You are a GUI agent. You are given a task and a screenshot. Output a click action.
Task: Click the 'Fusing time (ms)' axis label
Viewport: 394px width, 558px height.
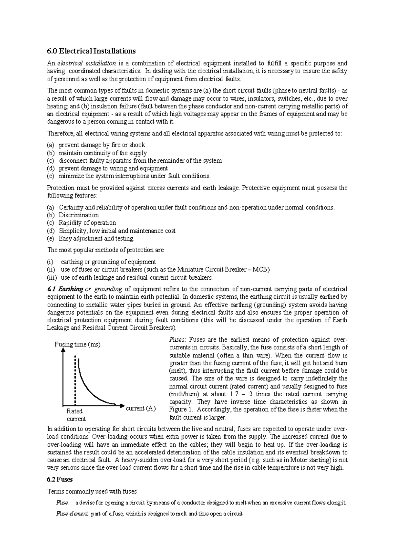click(x=77, y=344)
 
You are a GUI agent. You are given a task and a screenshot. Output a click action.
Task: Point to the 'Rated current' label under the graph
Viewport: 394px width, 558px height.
click(x=75, y=415)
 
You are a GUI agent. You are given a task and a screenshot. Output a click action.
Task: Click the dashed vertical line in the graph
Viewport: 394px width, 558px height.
click(x=76, y=381)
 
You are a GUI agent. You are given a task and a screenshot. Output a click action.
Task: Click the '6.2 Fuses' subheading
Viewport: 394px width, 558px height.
click(x=60, y=479)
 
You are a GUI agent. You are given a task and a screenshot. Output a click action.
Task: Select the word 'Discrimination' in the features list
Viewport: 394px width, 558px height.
click(x=78, y=215)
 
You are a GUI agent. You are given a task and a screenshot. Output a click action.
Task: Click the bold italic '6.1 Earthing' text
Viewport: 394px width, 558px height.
click(x=65, y=289)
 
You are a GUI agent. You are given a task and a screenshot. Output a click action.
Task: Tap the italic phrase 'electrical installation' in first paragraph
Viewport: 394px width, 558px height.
click(x=87, y=63)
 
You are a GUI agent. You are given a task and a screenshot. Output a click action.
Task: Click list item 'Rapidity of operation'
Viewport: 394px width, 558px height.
click(x=87, y=223)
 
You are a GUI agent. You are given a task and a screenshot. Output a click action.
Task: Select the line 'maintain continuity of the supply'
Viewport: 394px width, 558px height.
click(x=103, y=153)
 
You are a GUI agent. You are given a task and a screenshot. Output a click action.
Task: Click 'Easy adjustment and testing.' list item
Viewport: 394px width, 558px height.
click(x=96, y=239)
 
